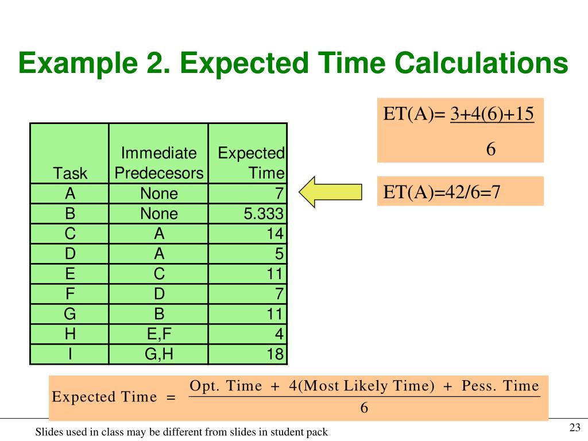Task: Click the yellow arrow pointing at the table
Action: [330, 192]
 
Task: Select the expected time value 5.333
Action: [264, 214]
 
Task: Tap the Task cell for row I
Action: [69, 354]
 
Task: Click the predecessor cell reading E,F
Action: [159, 334]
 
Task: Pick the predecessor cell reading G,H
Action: [159, 354]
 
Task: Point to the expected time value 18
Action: [274, 354]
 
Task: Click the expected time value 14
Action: [274, 234]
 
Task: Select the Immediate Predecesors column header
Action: [159, 163]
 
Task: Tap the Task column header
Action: [70, 173]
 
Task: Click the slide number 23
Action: [575, 427]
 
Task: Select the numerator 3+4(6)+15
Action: [492, 114]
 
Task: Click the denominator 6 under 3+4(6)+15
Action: [491, 150]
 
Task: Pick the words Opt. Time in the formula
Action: [226, 386]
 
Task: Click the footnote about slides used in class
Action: [181, 432]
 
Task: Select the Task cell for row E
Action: [69, 274]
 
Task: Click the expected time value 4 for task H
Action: [279, 334]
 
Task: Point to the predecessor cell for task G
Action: [159, 314]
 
